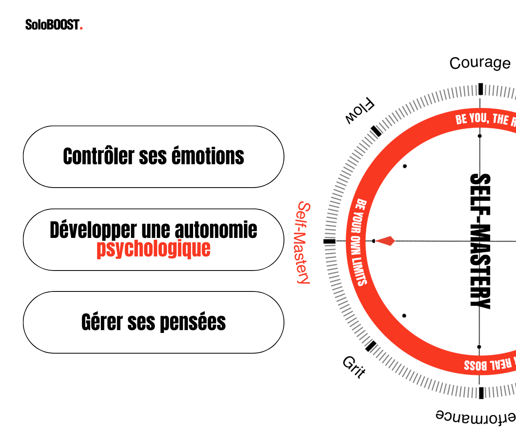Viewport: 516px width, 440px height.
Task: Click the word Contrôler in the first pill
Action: pos(98,156)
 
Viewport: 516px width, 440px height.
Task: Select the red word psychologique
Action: pos(154,249)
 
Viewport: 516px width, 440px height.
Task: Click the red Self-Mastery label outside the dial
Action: pos(304,243)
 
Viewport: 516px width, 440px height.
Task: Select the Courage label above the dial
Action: pos(480,63)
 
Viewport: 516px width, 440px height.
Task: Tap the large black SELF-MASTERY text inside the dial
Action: pos(481,242)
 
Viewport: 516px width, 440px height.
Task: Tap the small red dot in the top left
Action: pos(81,28)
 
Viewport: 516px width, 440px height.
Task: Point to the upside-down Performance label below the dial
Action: pos(476,417)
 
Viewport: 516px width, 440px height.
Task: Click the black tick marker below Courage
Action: pos(481,89)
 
